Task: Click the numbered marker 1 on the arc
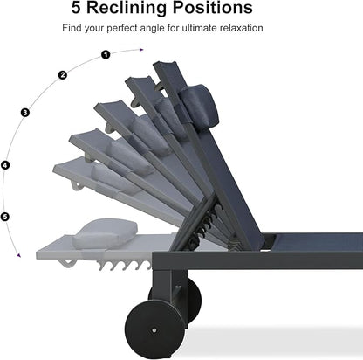coord(106,54)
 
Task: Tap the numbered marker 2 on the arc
coord(63,75)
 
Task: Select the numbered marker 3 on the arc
coord(25,113)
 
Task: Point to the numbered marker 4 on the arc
coord(5,165)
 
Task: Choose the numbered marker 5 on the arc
coord(5,217)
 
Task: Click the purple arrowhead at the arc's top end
coord(141,50)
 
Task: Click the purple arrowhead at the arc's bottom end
coord(19,255)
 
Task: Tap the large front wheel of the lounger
coord(154,329)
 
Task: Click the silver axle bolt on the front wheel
coord(154,330)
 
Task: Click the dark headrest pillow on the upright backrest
coord(200,105)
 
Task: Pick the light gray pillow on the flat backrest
coord(105,233)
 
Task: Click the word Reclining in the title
coord(127,8)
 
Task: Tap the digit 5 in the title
coord(76,8)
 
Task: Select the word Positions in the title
coord(213,8)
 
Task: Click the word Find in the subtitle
coord(72,28)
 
